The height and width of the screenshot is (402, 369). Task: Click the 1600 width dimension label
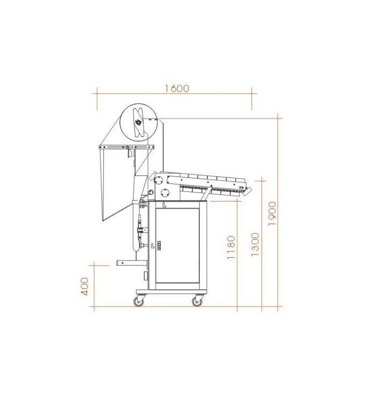(177, 88)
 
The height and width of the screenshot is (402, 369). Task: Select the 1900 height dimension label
(273, 213)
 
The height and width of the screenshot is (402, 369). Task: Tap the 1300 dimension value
(255, 244)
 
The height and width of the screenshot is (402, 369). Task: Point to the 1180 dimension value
(231, 248)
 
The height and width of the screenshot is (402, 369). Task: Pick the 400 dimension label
(85, 286)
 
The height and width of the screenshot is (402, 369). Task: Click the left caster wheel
(139, 301)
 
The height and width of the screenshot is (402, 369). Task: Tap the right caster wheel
(198, 301)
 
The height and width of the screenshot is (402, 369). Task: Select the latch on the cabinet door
(160, 245)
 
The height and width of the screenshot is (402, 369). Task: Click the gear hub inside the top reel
(139, 122)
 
